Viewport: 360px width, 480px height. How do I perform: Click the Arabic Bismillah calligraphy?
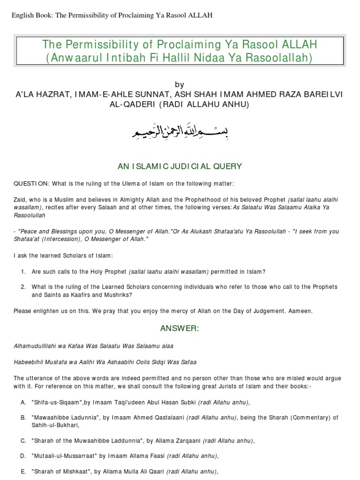pos(180,133)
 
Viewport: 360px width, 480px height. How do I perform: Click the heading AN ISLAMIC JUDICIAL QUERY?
pos(180,166)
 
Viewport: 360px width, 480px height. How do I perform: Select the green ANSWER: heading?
pos(180,328)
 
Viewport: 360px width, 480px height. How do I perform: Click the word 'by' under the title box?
pos(180,84)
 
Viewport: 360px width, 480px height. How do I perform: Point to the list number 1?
pos(23,272)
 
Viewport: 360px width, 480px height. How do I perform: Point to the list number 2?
pos(23,287)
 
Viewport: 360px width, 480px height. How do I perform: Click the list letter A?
pos(23,402)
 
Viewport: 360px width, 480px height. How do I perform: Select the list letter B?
pos(23,417)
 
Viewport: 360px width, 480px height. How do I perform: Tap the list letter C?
pos(23,440)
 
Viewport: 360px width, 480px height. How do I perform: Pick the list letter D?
pos(23,455)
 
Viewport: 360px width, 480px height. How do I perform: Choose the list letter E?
pos(23,471)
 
